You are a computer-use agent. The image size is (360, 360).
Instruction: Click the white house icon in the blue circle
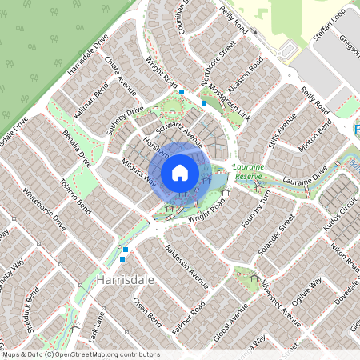click(180, 172)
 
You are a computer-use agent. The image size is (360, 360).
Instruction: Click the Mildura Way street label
click(138, 171)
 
